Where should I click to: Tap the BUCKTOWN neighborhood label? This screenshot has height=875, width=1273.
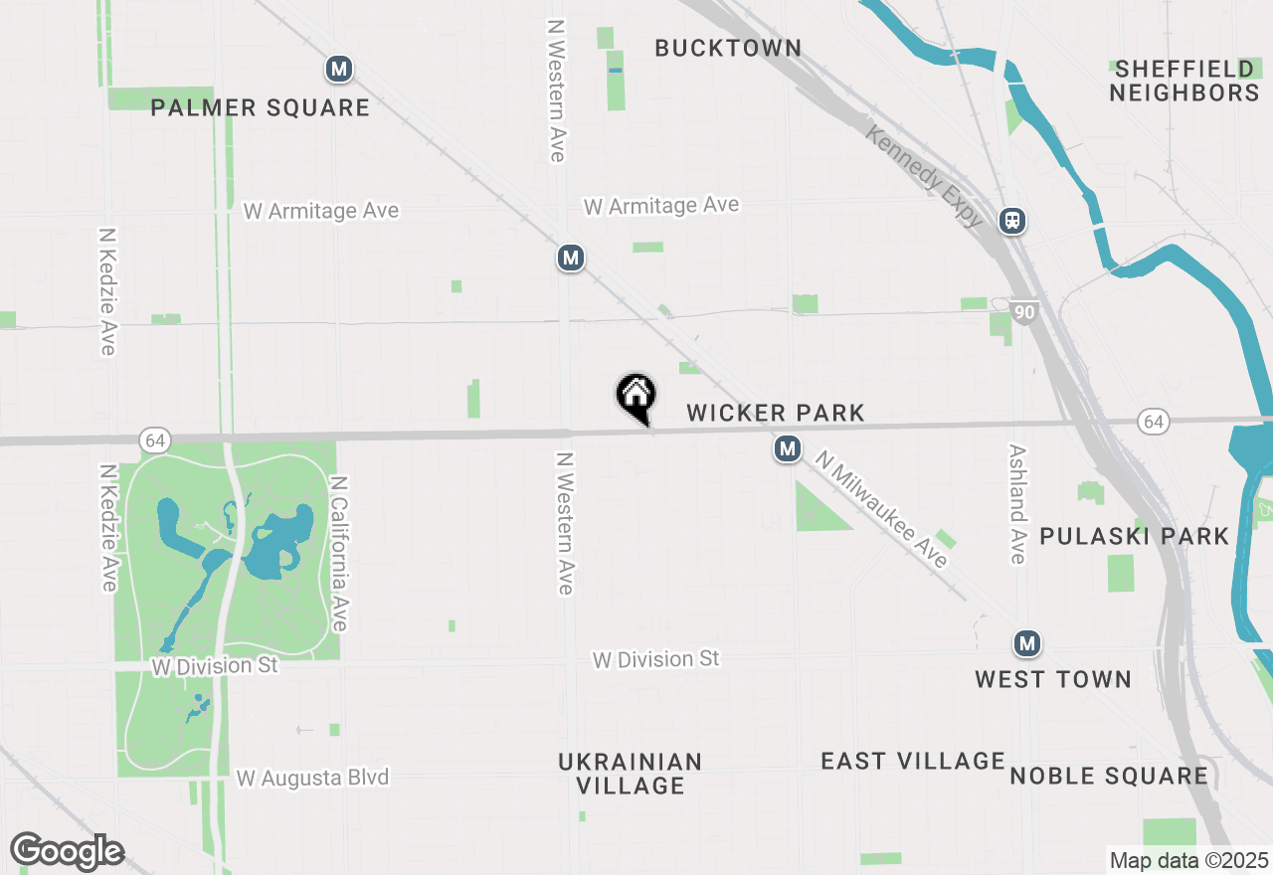[x=728, y=48]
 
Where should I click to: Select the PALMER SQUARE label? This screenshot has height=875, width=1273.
[x=261, y=107]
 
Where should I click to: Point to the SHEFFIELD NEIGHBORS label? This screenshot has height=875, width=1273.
[x=1184, y=81]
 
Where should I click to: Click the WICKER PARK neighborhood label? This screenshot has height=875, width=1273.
[x=776, y=413]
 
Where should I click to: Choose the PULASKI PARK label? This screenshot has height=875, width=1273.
[x=1135, y=536]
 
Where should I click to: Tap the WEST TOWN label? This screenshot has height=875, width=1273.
[x=1053, y=679]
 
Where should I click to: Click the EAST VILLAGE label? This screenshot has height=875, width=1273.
[x=913, y=761]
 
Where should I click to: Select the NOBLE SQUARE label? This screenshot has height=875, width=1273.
[x=1109, y=776]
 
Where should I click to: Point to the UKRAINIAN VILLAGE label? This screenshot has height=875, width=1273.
[x=631, y=774]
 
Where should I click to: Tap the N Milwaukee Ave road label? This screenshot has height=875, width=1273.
[x=881, y=509]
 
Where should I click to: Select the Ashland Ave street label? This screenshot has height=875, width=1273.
[x=1016, y=503]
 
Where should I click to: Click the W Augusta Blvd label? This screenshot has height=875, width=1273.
[x=312, y=778]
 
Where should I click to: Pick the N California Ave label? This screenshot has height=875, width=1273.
[x=339, y=553]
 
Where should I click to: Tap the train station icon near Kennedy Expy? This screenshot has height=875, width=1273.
[x=1013, y=221]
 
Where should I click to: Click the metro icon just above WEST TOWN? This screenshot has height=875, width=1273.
[x=1027, y=643]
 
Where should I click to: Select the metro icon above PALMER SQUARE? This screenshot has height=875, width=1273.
[x=340, y=70]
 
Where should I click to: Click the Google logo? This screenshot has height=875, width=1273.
[x=67, y=851]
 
